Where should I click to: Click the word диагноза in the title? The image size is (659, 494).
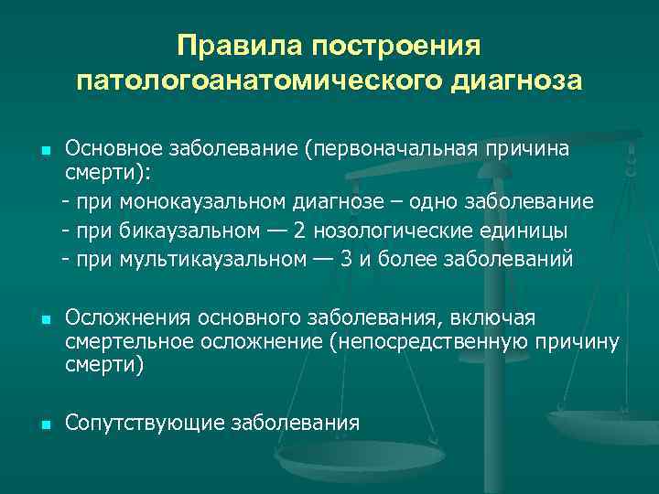515,81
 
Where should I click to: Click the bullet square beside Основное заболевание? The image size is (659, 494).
45,149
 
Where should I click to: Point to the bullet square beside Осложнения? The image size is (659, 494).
45,321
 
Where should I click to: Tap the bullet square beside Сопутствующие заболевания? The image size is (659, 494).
45,424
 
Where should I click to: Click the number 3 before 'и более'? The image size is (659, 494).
346,259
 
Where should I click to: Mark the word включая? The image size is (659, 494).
496,317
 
